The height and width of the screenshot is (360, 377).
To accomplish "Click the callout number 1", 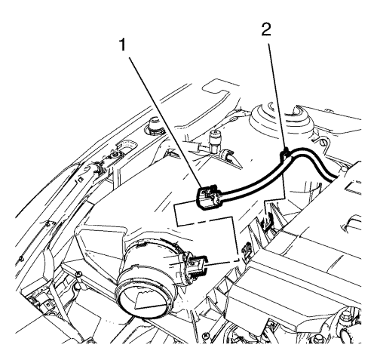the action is [122, 45].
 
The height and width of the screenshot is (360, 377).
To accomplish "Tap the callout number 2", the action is [266, 30].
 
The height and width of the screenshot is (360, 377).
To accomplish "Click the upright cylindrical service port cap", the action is [214, 141].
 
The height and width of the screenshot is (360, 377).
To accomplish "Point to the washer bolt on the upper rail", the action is [115, 153].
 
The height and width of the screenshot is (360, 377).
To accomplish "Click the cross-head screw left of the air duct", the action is [78, 273].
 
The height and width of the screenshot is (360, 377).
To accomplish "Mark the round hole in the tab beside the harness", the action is [323, 143].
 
